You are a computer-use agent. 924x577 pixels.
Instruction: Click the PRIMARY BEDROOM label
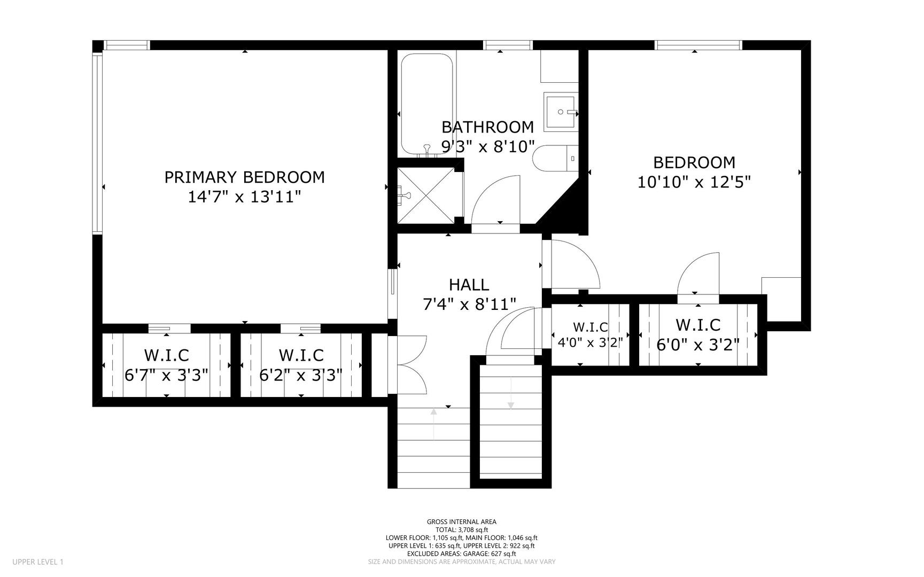click(244, 177)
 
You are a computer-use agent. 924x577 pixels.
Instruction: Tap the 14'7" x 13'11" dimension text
click(244, 197)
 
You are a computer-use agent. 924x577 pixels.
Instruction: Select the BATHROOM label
click(487, 127)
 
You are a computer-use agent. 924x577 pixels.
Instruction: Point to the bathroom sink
click(560, 112)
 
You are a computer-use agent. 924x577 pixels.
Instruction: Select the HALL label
click(469, 284)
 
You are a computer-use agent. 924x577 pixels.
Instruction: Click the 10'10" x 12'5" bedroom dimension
click(694, 182)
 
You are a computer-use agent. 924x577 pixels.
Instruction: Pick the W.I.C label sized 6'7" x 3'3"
click(166, 355)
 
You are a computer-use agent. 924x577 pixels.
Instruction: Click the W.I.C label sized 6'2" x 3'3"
click(301, 355)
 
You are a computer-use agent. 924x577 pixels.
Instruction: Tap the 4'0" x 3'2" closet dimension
click(590, 342)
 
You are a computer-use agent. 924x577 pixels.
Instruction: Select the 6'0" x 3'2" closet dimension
click(698, 345)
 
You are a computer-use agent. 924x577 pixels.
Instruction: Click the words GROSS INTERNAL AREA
click(461, 522)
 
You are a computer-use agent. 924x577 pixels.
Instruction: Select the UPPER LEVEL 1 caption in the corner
click(37, 562)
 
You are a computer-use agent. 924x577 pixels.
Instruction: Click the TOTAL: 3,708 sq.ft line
click(462, 530)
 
